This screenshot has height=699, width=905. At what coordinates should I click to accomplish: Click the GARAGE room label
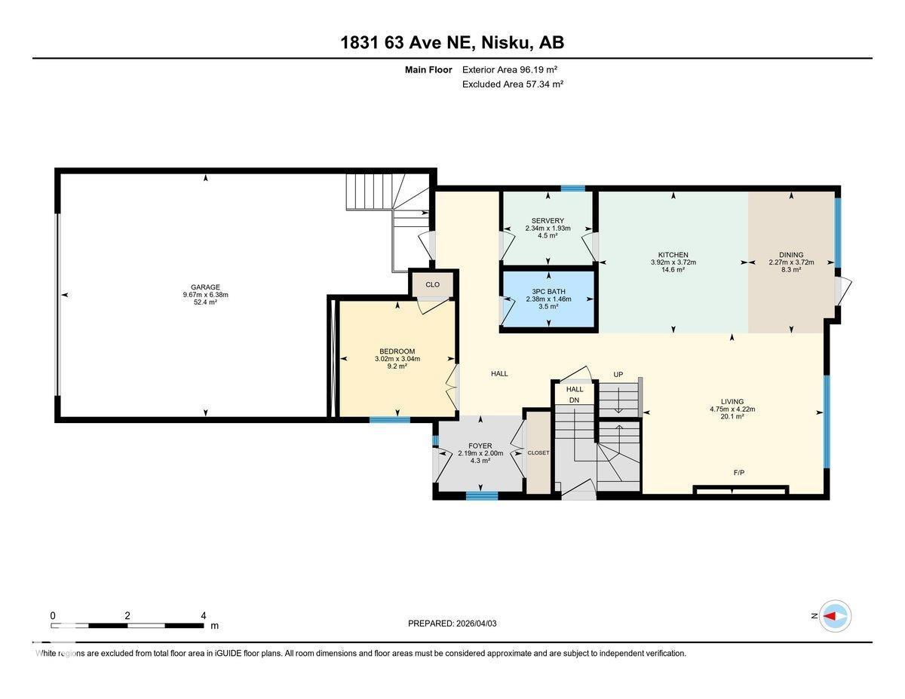click(x=205, y=287)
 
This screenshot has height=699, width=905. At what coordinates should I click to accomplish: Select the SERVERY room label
click(x=548, y=220)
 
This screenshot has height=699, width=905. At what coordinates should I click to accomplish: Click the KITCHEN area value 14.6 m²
click(x=673, y=270)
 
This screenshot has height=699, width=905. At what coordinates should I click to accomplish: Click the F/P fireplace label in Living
click(x=739, y=473)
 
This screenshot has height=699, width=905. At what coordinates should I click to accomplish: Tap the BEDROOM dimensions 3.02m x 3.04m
click(x=397, y=359)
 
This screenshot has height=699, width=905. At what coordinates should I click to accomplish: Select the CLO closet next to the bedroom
click(x=432, y=284)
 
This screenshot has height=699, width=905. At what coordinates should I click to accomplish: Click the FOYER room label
click(x=480, y=446)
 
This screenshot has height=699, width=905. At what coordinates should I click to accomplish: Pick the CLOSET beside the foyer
click(x=538, y=452)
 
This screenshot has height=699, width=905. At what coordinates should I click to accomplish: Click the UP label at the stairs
click(x=618, y=374)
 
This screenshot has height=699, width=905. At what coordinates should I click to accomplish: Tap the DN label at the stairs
click(x=574, y=400)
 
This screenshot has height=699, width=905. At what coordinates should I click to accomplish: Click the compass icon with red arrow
click(x=835, y=616)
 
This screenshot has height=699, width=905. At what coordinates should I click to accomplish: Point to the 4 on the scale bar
click(x=203, y=616)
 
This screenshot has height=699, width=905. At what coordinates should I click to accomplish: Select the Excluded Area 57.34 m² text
click(x=513, y=84)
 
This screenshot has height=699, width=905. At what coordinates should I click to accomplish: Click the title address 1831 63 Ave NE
click(x=407, y=43)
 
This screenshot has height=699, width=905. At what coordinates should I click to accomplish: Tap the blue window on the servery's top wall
click(x=573, y=189)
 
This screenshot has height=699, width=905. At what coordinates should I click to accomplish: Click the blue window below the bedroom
click(x=390, y=419)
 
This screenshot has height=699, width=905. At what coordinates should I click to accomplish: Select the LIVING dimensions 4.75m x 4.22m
click(x=732, y=409)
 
